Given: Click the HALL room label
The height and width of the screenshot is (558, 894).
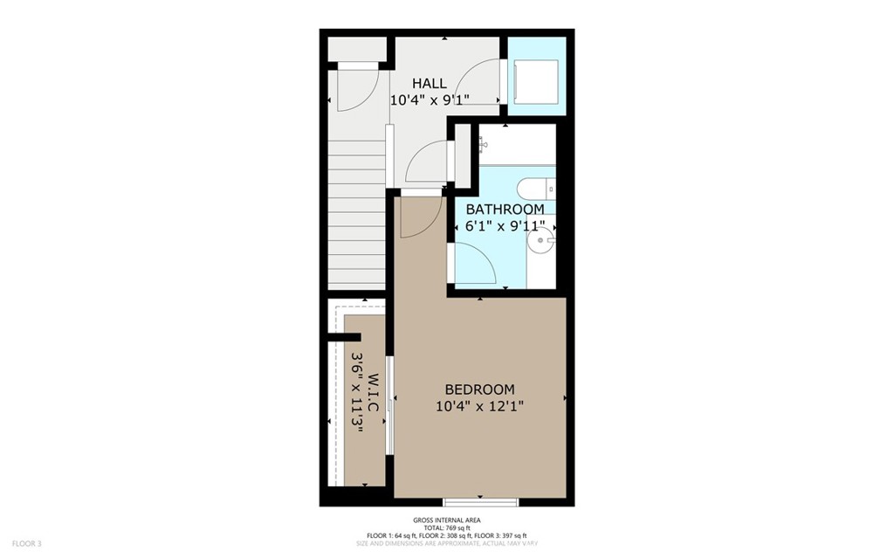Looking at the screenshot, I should click(x=430, y=84).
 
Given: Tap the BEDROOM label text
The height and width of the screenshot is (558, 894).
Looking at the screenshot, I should click(x=479, y=389).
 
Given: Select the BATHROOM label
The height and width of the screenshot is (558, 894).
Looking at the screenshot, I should click(x=505, y=210).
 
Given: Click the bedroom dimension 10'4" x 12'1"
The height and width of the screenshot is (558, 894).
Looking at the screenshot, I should click(x=479, y=406).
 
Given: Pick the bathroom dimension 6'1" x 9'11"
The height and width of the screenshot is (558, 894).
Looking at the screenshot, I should click(x=505, y=226).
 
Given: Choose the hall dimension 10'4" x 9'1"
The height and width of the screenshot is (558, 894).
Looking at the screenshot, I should click(x=430, y=100).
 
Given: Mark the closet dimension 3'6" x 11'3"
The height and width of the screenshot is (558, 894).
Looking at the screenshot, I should click(x=356, y=401).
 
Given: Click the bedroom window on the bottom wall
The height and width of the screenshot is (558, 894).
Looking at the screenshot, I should click(x=481, y=501).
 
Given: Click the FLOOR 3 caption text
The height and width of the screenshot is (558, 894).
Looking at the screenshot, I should click(x=27, y=543).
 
